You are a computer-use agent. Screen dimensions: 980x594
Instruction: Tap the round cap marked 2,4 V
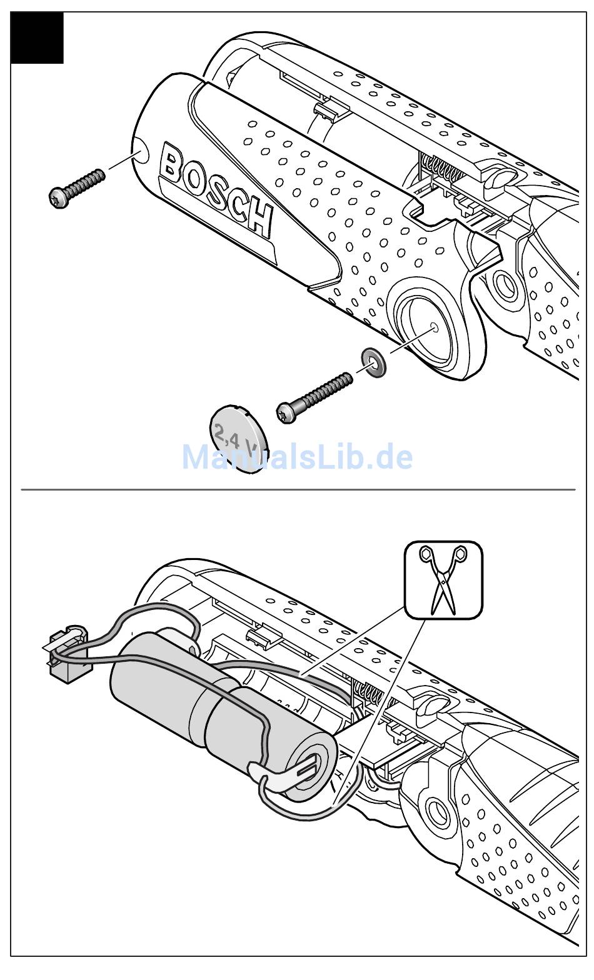click(236, 437)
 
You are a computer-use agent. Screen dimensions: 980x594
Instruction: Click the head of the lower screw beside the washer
click(286, 412)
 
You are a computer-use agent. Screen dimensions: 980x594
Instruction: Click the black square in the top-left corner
click(37, 37)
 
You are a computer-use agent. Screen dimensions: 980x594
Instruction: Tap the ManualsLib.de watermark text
click(297, 457)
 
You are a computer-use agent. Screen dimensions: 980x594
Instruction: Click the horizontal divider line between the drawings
click(298, 489)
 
